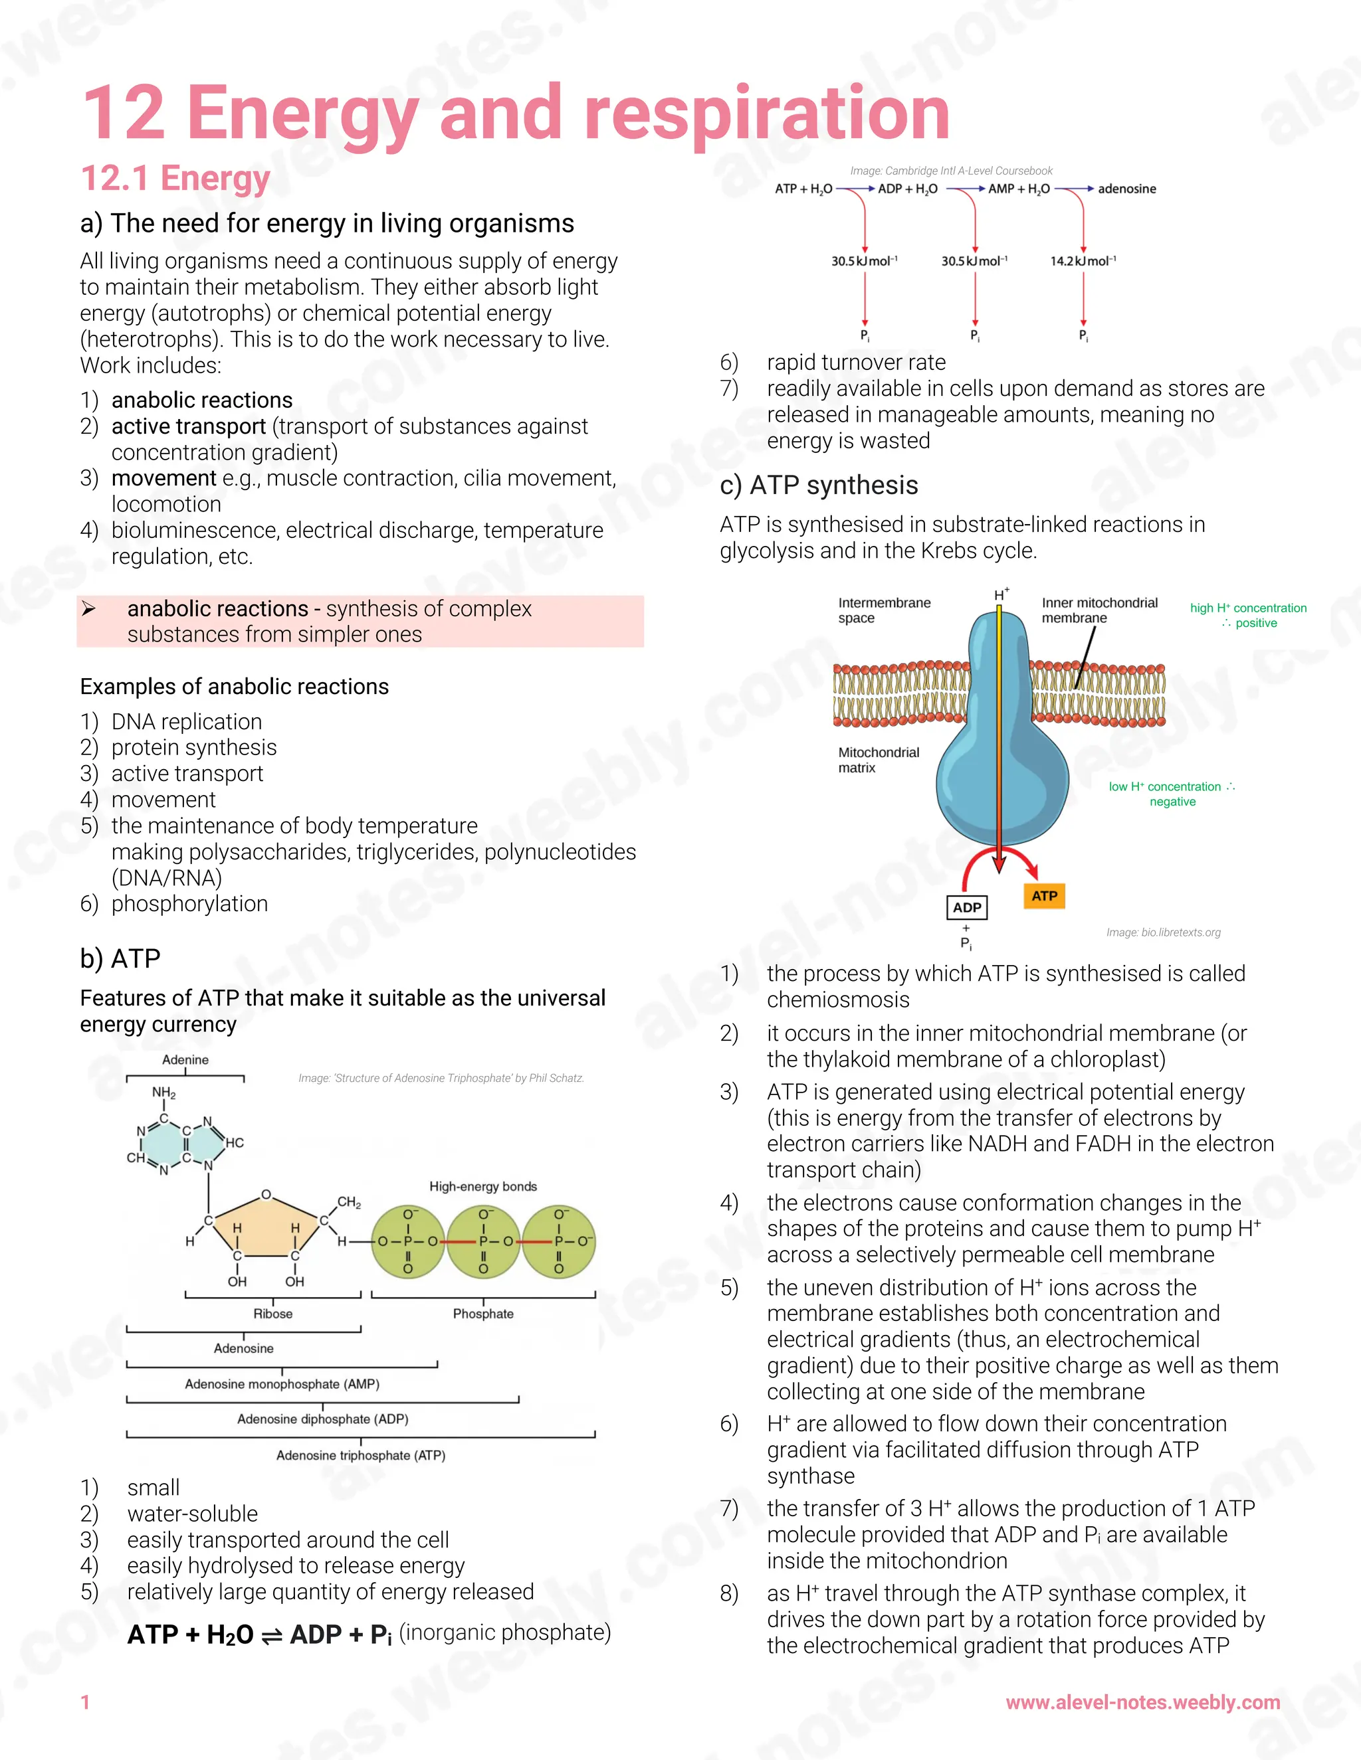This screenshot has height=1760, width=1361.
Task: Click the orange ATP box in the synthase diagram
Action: coord(1044,895)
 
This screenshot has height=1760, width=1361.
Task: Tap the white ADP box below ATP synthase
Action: coord(967,907)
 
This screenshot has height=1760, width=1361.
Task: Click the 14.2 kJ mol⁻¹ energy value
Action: coord(1083,261)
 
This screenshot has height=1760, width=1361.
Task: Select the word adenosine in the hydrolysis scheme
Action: coord(1126,189)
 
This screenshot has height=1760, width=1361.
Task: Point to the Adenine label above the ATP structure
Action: coord(185,1060)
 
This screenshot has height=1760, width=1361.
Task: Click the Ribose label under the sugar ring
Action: coord(272,1314)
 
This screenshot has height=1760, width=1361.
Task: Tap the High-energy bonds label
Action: coord(483,1186)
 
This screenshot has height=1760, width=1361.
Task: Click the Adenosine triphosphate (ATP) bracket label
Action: coord(360,1455)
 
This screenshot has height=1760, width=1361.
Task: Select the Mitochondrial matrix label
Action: coord(878,760)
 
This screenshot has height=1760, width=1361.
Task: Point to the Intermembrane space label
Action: coord(884,610)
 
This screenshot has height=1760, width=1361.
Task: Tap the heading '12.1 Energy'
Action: coord(175,178)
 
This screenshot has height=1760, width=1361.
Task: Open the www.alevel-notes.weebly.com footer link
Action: coord(1142,1702)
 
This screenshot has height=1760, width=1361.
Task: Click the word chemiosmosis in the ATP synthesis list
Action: coord(838,1000)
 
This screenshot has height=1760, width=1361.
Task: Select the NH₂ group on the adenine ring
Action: coord(163,1093)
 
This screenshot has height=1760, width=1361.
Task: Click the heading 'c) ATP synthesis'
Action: coord(818,485)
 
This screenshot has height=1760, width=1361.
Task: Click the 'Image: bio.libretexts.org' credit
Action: coord(1163,932)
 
